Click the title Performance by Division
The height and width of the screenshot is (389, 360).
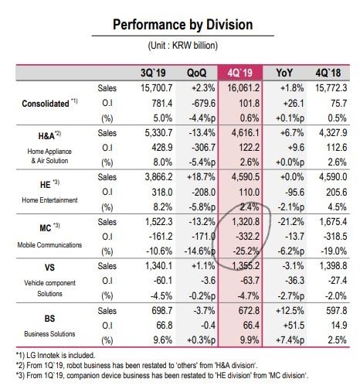point(183,25)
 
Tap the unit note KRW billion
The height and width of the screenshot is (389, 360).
point(195,46)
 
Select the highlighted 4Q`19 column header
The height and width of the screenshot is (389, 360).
point(240,73)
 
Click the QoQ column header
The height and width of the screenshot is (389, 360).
point(196,73)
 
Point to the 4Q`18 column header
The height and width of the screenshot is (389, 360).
point(328,73)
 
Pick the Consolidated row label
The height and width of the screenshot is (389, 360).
point(46,104)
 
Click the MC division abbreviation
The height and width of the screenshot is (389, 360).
point(45,228)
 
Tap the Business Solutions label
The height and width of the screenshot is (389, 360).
point(49,334)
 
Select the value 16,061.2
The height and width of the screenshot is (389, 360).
point(243,88)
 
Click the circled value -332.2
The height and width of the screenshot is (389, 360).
point(246,237)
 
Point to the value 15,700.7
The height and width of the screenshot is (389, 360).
point(157,88)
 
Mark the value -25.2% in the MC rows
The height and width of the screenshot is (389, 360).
point(246,251)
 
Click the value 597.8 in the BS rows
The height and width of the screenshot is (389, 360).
point(337,311)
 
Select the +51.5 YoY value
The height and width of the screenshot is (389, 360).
point(294,326)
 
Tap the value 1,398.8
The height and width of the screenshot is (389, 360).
point(333,266)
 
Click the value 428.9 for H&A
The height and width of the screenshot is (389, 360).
point(162,148)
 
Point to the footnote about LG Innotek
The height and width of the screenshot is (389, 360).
point(56,355)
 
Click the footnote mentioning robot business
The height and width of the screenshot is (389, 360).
point(137,365)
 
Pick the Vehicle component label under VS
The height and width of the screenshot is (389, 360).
point(49,283)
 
